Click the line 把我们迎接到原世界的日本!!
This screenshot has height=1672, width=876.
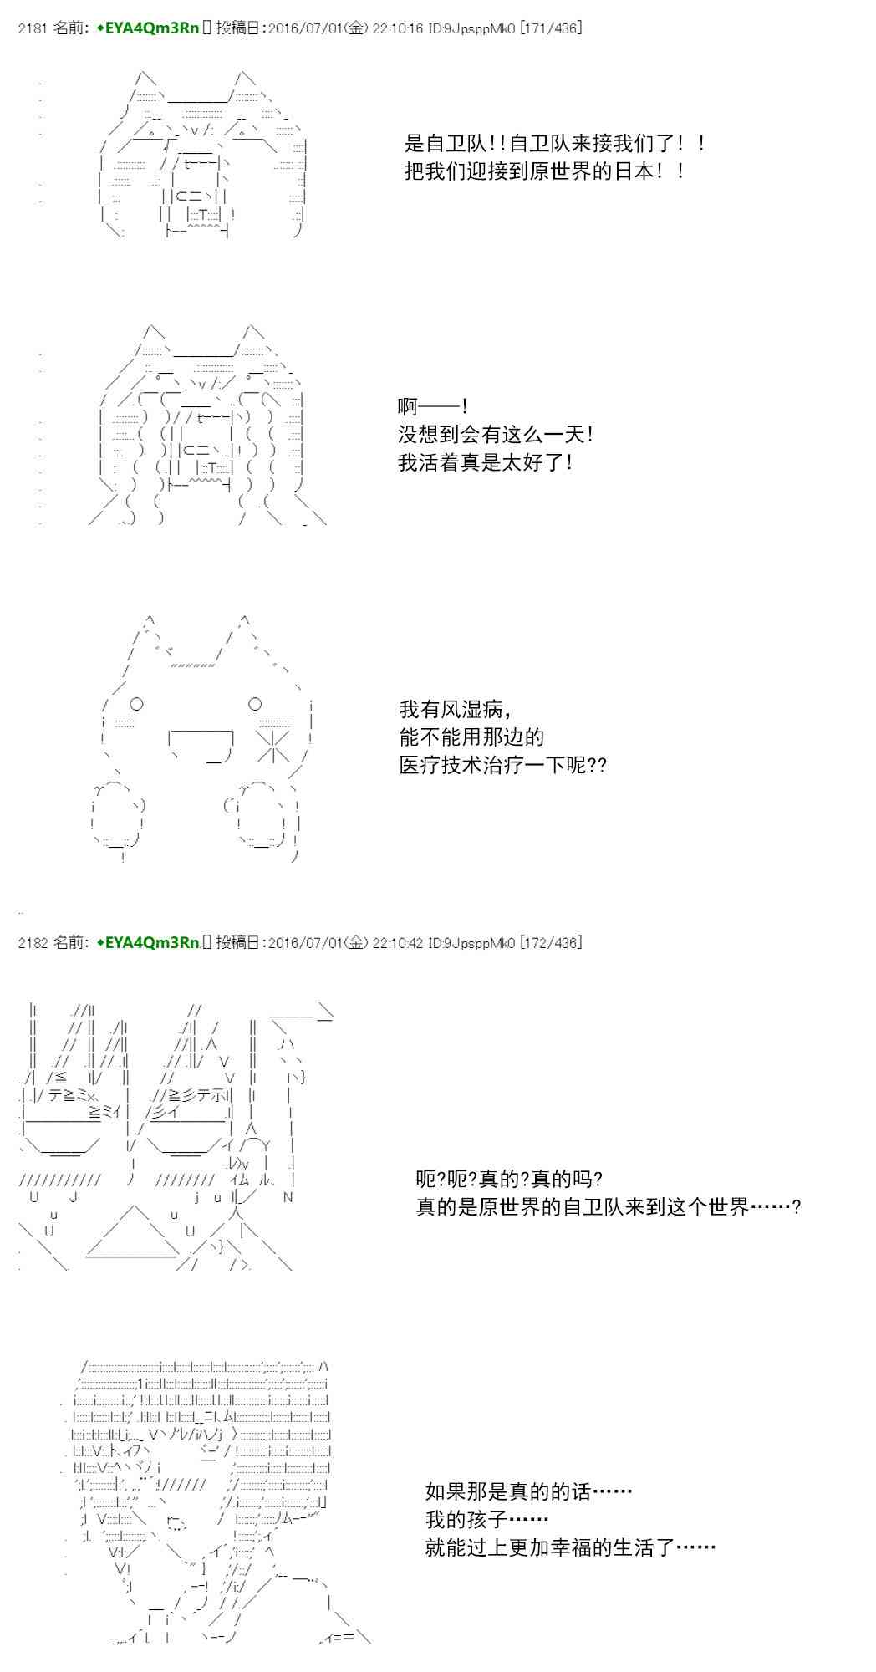(x=545, y=171)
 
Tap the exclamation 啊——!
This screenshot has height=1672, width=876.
(x=433, y=407)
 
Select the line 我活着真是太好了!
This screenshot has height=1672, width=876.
(x=486, y=462)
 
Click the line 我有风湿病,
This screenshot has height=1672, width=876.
(x=456, y=710)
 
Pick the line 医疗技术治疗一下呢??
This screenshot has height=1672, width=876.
(x=503, y=765)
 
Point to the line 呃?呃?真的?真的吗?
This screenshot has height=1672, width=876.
(x=510, y=1180)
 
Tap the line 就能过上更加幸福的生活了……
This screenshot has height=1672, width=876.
(x=570, y=1547)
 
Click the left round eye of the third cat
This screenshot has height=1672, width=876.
(x=137, y=704)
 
